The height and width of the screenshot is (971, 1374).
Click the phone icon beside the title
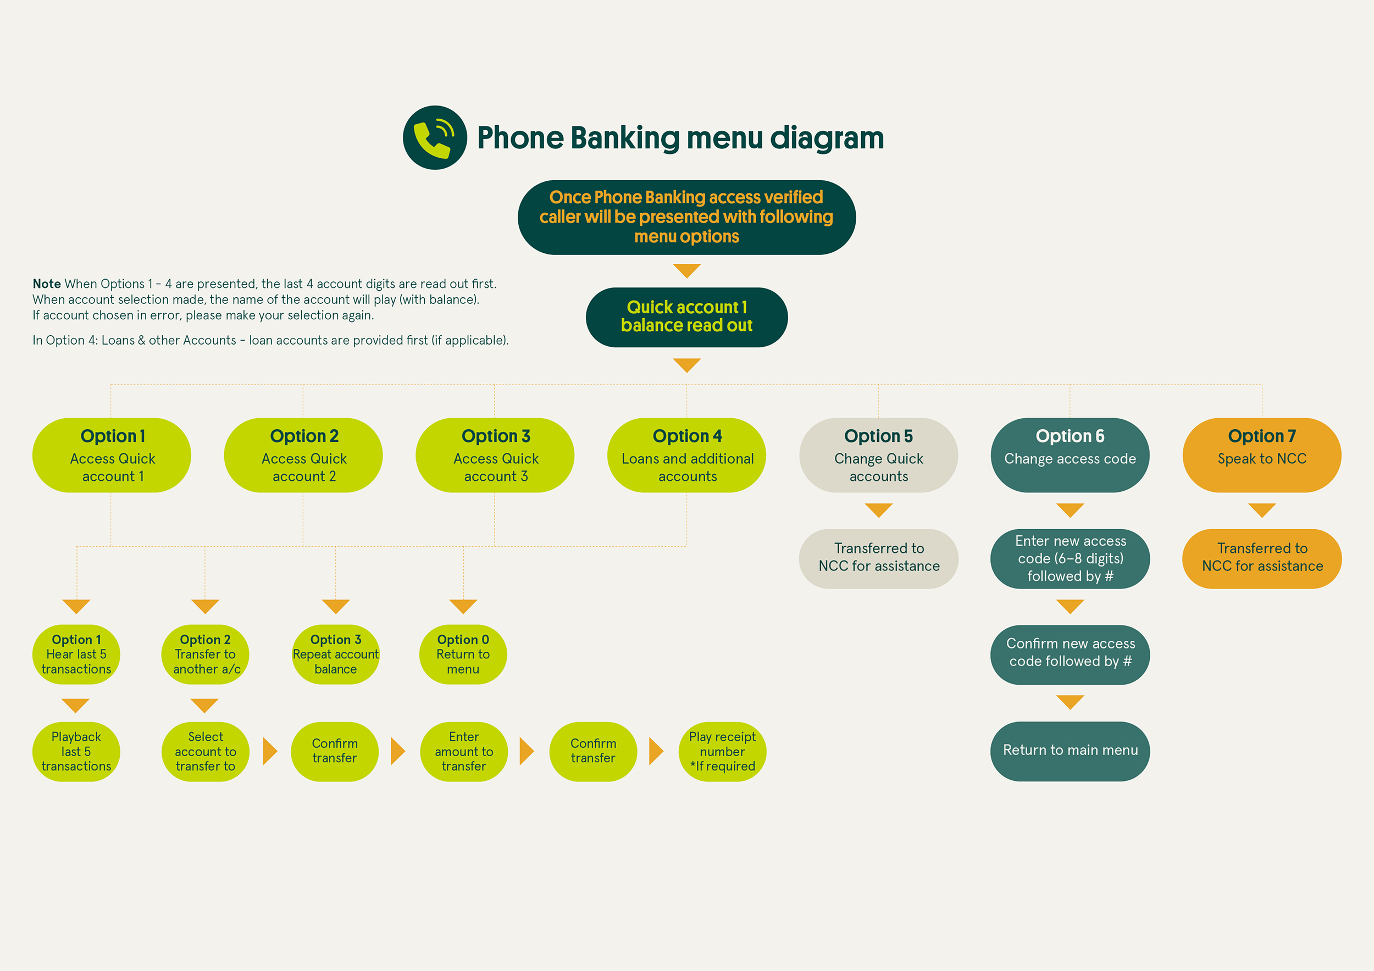coord(435,137)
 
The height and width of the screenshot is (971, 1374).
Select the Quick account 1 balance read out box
coord(686,317)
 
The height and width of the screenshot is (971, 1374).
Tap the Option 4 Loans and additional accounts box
coord(686,456)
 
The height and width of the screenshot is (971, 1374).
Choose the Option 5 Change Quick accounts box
coord(878,456)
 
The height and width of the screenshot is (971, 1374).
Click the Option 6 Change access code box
coord(1070,456)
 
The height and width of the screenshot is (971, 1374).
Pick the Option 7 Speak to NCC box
coord(1261,456)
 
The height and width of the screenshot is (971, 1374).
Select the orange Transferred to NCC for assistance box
coord(1261,558)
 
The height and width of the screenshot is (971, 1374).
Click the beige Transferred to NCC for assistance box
coord(878,558)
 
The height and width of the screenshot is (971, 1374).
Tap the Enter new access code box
coord(1070,558)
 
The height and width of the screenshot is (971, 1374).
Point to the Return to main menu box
coord(1070,751)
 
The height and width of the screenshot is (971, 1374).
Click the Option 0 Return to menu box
coord(463,654)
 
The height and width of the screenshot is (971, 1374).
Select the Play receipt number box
coord(722,751)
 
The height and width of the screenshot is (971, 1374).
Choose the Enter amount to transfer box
coord(463,751)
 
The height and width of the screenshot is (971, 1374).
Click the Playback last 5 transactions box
coord(76,751)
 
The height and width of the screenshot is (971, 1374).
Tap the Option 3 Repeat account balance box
coord(335,654)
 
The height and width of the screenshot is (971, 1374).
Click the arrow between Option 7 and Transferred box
coord(1261,510)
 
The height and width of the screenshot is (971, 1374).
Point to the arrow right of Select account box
coord(270,751)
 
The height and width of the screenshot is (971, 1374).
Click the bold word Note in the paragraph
coord(47,284)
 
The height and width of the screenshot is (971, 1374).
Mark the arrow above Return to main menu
coord(1070,702)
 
